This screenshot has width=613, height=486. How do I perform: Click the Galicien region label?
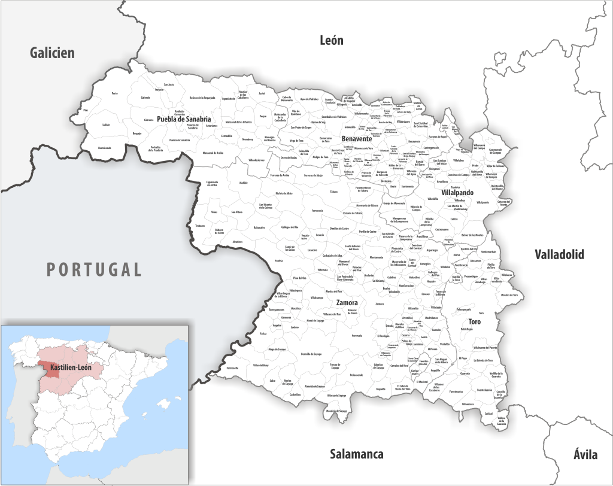point(52,53)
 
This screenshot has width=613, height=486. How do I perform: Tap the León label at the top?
point(332,40)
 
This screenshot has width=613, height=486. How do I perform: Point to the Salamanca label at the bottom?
point(356,454)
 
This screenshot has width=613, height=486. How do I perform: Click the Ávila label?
point(584,454)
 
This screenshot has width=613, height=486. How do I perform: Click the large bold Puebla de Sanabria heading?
point(184,119)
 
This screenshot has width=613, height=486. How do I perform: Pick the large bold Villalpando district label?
point(457,193)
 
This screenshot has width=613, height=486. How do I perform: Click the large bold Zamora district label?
point(347,302)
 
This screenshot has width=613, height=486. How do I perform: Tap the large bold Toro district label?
point(474,322)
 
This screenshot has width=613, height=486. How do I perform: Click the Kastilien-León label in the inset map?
point(71,366)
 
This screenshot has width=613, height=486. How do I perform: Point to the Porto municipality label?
point(114,93)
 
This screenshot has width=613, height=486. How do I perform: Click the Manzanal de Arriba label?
point(213,153)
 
